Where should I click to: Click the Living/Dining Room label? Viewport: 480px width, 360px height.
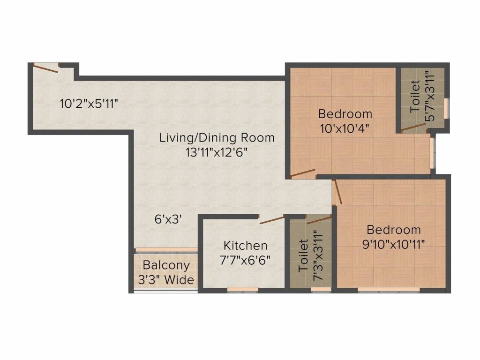click(x=217, y=138)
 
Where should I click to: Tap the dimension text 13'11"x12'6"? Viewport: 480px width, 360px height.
click(x=217, y=152)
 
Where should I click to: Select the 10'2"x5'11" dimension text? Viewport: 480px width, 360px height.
click(x=88, y=104)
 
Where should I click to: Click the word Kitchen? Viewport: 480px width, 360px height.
click(x=245, y=246)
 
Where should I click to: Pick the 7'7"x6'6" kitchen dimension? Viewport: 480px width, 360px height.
click(x=245, y=259)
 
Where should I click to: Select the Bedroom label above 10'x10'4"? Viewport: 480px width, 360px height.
click(x=345, y=114)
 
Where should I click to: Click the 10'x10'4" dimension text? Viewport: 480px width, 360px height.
click(x=345, y=128)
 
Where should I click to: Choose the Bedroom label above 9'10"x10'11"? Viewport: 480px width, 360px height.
click(x=394, y=230)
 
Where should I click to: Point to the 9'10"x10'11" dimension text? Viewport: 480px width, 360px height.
click(x=394, y=243)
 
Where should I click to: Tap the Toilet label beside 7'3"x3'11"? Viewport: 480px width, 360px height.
click(x=304, y=255)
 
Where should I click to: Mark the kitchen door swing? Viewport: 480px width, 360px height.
click(x=272, y=219)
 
